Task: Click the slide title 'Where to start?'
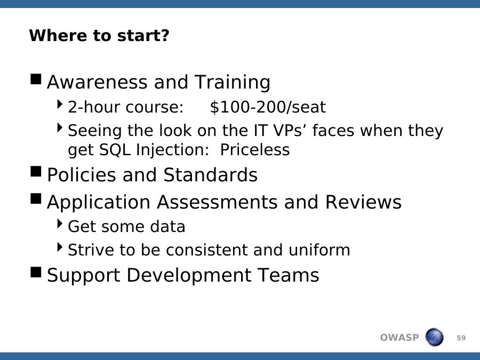pos(99,36)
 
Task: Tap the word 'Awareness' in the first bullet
pos(97,82)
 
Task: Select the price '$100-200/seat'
pos(268,107)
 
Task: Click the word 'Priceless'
pos(255,150)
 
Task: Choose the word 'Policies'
pos(82,175)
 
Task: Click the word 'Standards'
pos(210,175)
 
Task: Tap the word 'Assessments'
pos(217,202)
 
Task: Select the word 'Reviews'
pos(363,202)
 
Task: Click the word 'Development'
pos(188,276)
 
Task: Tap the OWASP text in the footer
pos(399,338)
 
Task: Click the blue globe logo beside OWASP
pos(434,337)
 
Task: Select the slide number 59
pos(461,338)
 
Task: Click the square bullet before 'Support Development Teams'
pos(36,272)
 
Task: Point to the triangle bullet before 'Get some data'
pos(60,223)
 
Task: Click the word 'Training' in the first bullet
pos(233,82)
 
